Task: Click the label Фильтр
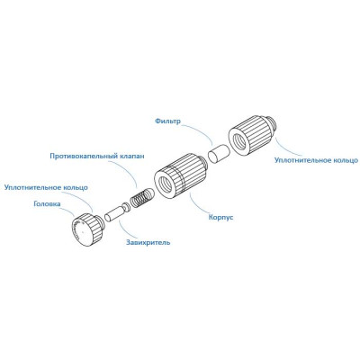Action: pyautogui.click(x=167, y=121)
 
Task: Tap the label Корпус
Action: pyautogui.click(x=220, y=217)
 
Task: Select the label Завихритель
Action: pyautogui.click(x=148, y=242)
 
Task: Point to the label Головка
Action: pyautogui.click(x=47, y=204)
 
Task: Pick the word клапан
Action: pyautogui.click(x=131, y=157)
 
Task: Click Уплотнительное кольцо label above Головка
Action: pyautogui.click(x=46, y=187)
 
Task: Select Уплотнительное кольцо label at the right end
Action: pyautogui.click(x=316, y=160)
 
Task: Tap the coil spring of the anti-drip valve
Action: pyautogui.click(x=142, y=197)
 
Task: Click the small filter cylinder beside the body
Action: pyautogui.click(x=219, y=154)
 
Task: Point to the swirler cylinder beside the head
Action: pyautogui.click(x=114, y=212)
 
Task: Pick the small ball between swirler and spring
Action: pyautogui.click(x=127, y=207)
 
